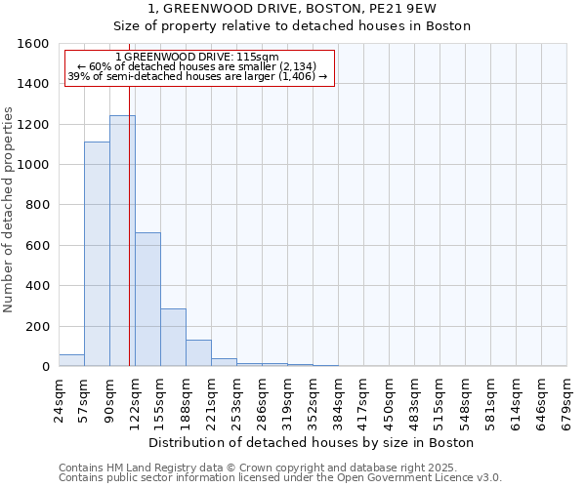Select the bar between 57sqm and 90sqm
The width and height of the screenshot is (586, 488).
click(x=97, y=254)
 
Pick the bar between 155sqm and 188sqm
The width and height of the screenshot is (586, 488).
click(x=173, y=338)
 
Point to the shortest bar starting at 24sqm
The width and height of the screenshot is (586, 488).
click(x=71, y=360)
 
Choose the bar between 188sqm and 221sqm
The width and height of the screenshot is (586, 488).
click(x=198, y=353)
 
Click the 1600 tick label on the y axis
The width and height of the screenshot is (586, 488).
click(x=33, y=44)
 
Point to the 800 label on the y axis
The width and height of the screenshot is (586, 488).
click(x=37, y=206)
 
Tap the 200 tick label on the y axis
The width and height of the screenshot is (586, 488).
click(x=37, y=327)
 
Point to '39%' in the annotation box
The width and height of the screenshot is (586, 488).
click(x=78, y=76)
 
